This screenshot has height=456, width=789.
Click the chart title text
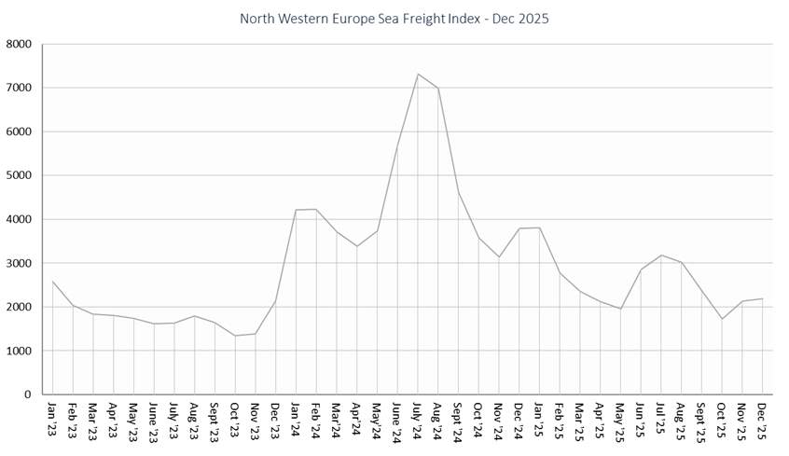(394, 19)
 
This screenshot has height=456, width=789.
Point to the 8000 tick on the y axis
(19, 44)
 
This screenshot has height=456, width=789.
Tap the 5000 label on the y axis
(19, 175)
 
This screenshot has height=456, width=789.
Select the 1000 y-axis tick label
(19, 352)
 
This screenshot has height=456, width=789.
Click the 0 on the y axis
(28, 395)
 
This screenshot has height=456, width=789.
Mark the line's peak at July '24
(418, 74)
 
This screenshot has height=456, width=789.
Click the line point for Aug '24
(438, 89)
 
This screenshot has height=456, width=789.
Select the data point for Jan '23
(52, 281)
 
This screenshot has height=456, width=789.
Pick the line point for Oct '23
(235, 336)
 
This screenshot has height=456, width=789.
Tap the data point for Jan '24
(296, 210)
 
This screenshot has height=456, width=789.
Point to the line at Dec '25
(763, 298)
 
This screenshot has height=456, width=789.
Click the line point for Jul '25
(661, 256)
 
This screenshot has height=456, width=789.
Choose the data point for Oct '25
(722, 319)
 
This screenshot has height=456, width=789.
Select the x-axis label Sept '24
(459, 421)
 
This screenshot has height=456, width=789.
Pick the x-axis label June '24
(397, 421)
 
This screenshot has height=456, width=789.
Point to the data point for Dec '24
(519, 228)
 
